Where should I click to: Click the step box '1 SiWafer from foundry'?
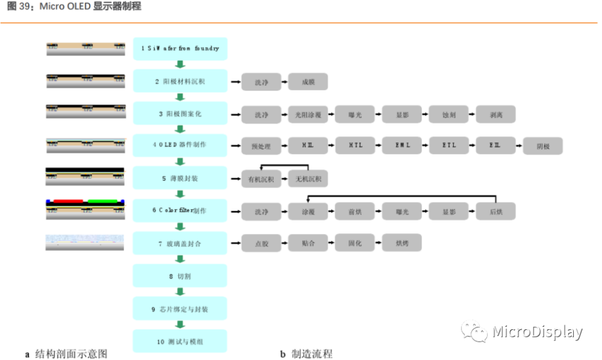pos(180,49)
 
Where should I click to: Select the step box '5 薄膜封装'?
pos(180,179)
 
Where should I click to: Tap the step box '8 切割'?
pos(180,276)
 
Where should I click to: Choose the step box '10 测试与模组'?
pos(180,341)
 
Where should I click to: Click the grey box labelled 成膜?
pos(308,82)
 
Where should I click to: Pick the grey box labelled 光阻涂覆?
pos(308,114)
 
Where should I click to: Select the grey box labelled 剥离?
pos(495,114)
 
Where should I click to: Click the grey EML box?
pos(402,146)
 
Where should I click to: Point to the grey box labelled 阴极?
pos(542,147)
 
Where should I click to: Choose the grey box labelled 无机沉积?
pos(308,179)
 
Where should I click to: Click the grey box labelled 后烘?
pos(495,211)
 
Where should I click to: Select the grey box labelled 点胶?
pos(261,243)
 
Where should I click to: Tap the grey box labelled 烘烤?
pos(402,243)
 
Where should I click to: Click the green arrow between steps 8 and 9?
pos(180,292)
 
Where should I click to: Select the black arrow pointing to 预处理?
pos(235,147)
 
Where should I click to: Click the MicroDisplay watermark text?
pos(537,332)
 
